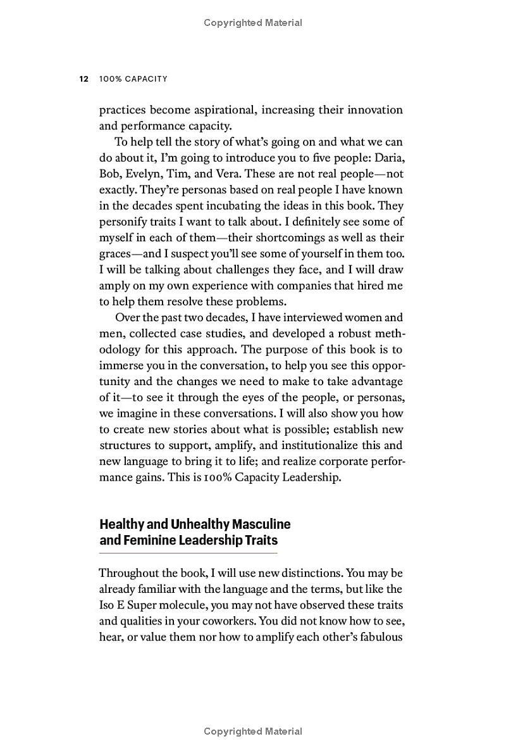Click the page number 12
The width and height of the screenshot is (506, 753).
[x=83, y=79]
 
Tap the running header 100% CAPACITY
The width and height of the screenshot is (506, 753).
[x=133, y=79]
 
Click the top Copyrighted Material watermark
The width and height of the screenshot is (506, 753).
[x=253, y=23]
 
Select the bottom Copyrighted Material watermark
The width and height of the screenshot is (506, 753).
[x=253, y=731]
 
